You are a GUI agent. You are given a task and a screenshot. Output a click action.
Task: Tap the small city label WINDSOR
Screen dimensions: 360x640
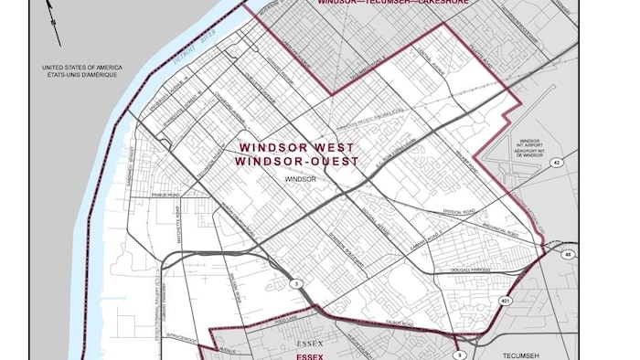click(x=299, y=180)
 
